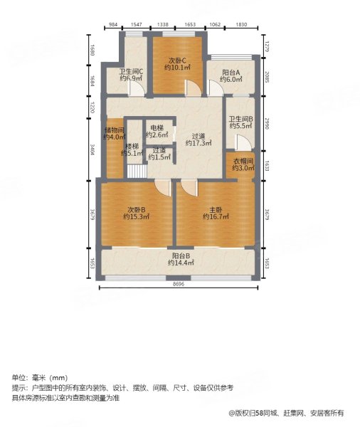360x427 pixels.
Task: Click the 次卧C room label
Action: pyautogui.click(x=177, y=60)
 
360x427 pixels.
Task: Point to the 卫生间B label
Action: pyautogui.click(x=240, y=118)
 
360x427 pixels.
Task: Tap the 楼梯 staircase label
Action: pyautogui.click(x=132, y=146)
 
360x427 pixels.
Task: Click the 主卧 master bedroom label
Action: pyautogui.click(x=214, y=209)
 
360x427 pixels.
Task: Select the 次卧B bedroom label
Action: pyautogui.click(x=137, y=209)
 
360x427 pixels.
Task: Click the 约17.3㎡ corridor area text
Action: pyautogui.click(x=198, y=143)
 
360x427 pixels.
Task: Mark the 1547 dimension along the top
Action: pyautogui.click(x=137, y=25)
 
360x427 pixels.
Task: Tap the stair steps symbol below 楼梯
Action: pyautogui.click(x=135, y=172)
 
